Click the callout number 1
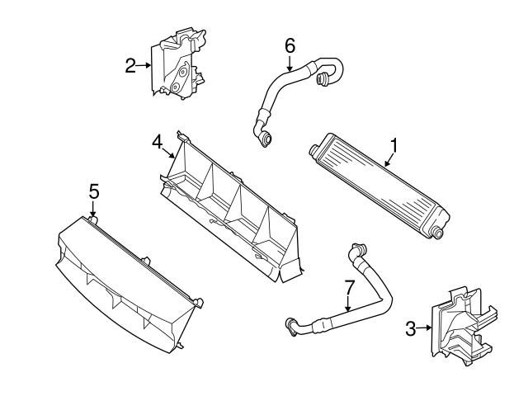(394, 145)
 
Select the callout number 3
(410, 330)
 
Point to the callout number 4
(156, 142)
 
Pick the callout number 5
(94, 191)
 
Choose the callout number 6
(290, 45)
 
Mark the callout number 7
(349, 288)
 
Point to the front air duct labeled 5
(128, 276)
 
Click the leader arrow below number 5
(94, 213)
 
